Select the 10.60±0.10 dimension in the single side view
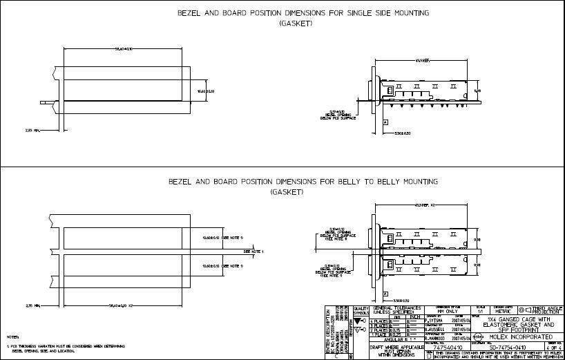[207, 91]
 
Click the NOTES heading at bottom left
[12, 337]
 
